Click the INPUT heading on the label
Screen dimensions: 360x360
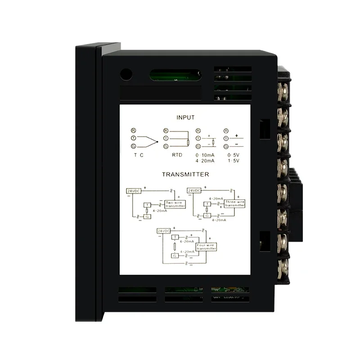[185, 117]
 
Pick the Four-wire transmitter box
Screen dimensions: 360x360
[206, 247]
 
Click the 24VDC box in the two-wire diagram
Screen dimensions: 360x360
[133, 191]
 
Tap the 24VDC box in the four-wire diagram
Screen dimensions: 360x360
[163, 231]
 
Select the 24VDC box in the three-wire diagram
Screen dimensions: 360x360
[193, 191]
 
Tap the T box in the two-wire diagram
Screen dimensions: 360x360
[146, 205]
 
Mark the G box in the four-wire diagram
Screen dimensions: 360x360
[175, 256]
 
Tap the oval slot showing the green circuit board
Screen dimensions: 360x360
[175, 74]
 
